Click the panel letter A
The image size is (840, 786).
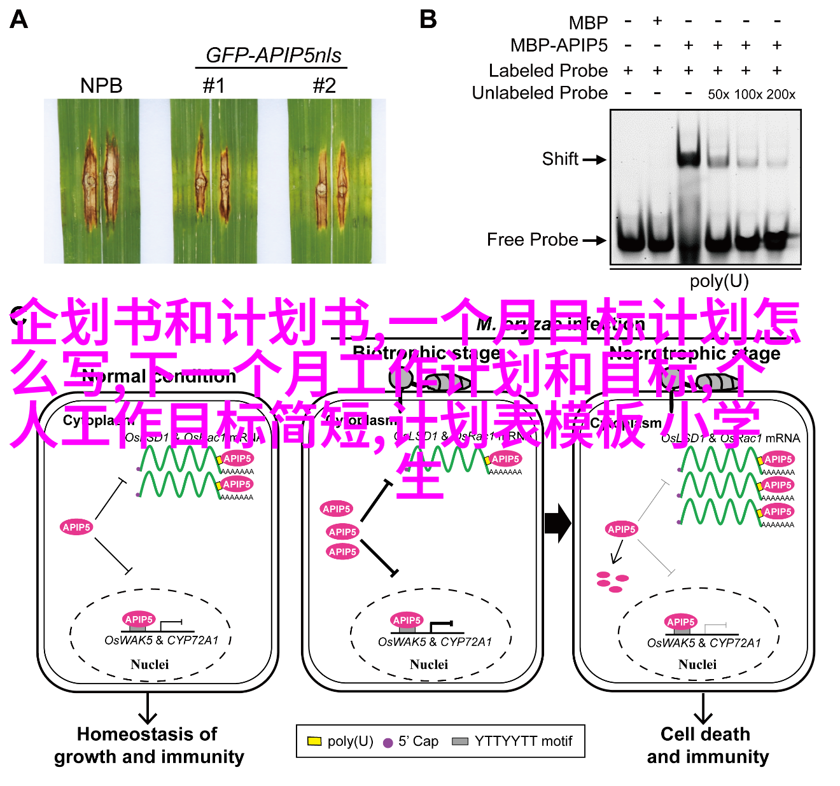pos(19,20)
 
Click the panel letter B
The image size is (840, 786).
pos(428,20)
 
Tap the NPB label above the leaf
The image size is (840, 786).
pos(101,85)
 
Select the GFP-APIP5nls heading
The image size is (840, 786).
pos(273,55)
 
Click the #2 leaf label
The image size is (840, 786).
pos(324,85)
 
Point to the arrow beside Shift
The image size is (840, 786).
pos(594,160)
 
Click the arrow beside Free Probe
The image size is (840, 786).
pos(594,241)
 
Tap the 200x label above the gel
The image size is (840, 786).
pos(781,95)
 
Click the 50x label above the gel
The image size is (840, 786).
pos(718,95)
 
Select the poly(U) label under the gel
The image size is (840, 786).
pos(719,281)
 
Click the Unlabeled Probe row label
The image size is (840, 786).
pos(540,93)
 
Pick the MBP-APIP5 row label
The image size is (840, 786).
pos(559,45)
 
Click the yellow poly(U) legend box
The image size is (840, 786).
pos(314,741)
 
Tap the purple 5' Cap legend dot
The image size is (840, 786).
pos(388,742)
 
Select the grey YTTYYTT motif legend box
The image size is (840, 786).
pos(459,741)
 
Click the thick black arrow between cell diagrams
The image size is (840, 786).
pos(558,523)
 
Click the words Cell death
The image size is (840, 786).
pos(705,734)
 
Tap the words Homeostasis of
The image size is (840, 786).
pos(147,734)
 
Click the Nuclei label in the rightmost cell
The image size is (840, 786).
pos(697,664)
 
